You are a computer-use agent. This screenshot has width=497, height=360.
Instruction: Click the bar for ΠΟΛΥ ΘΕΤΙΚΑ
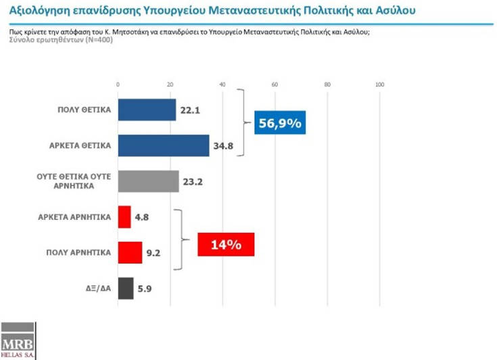pyautogui.click(x=147, y=110)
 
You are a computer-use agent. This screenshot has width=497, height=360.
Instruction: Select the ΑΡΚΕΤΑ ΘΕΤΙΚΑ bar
pyautogui.click(x=164, y=145)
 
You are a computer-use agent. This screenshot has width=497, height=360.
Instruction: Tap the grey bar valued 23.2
pyautogui.click(x=148, y=181)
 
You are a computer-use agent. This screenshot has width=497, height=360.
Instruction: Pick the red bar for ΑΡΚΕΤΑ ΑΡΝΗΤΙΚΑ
pyautogui.click(x=124, y=217)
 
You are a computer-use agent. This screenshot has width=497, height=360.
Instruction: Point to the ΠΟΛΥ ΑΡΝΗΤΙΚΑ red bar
pyautogui.click(x=130, y=252)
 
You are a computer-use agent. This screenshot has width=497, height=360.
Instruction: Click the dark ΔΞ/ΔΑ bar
pyautogui.click(x=126, y=288)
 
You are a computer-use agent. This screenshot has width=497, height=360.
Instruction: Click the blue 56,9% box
pyautogui.click(x=280, y=124)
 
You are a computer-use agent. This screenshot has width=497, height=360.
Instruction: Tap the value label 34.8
pyautogui.click(x=225, y=146)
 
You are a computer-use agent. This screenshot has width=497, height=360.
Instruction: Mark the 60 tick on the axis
pyautogui.click(x=275, y=85)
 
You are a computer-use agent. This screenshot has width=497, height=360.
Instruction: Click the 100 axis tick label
pyautogui.click(x=379, y=85)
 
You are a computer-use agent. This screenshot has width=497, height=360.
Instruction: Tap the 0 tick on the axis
pyautogui.click(x=118, y=85)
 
